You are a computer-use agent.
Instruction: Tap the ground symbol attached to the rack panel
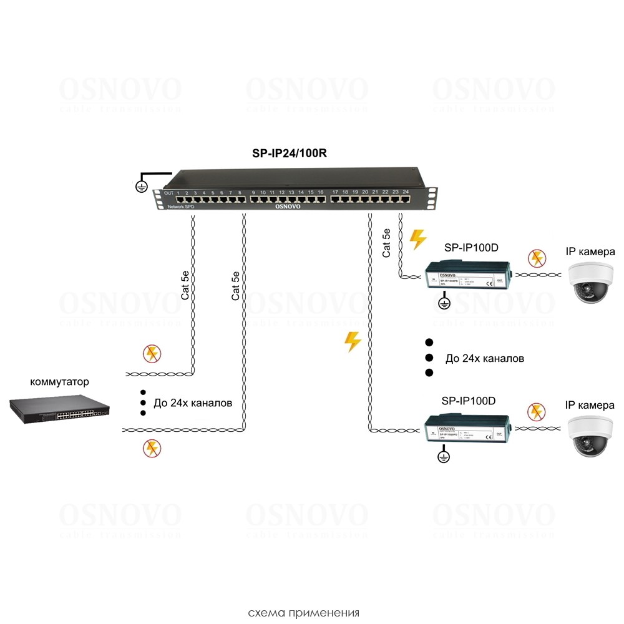pyautogui.click(x=141, y=184)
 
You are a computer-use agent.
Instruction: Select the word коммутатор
pyautogui.click(x=59, y=381)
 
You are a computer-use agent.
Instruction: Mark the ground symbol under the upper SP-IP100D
pyautogui.click(x=444, y=303)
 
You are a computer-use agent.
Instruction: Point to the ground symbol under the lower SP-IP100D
pyautogui.click(x=444, y=458)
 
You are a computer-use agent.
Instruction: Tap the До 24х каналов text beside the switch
pyautogui.click(x=192, y=403)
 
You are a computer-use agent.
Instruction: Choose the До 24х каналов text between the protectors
pyautogui.click(x=484, y=359)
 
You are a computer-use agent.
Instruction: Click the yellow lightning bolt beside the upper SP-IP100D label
pyautogui.click(x=417, y=240)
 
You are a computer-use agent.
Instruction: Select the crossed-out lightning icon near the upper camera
pyautogui.click(x=535, y=258)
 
